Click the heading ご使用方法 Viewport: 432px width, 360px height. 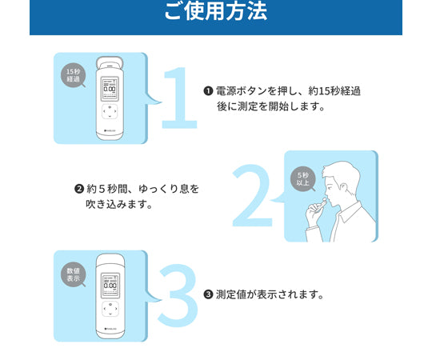coord(216,11)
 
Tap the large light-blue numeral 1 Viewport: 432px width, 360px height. coord(179,98)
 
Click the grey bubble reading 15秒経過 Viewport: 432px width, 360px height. coord(74,75)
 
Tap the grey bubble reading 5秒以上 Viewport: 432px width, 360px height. coord(303,178)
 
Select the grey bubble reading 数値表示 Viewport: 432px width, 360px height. coord(74,274)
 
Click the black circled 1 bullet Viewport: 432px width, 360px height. coord(208,90)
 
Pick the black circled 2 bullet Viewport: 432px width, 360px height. coord(78,189)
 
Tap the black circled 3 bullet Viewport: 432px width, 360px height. coord(208,294)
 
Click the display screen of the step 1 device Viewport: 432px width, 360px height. coord(110,89)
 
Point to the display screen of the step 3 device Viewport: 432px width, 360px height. coord(110,286)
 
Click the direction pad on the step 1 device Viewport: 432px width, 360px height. coord(110,111)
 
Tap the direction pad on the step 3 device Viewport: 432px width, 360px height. coord(110,309)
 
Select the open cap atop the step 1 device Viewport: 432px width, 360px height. coord(110,62)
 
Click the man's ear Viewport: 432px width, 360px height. coord(344,188)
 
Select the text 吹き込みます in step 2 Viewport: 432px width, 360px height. coord(114,204)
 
